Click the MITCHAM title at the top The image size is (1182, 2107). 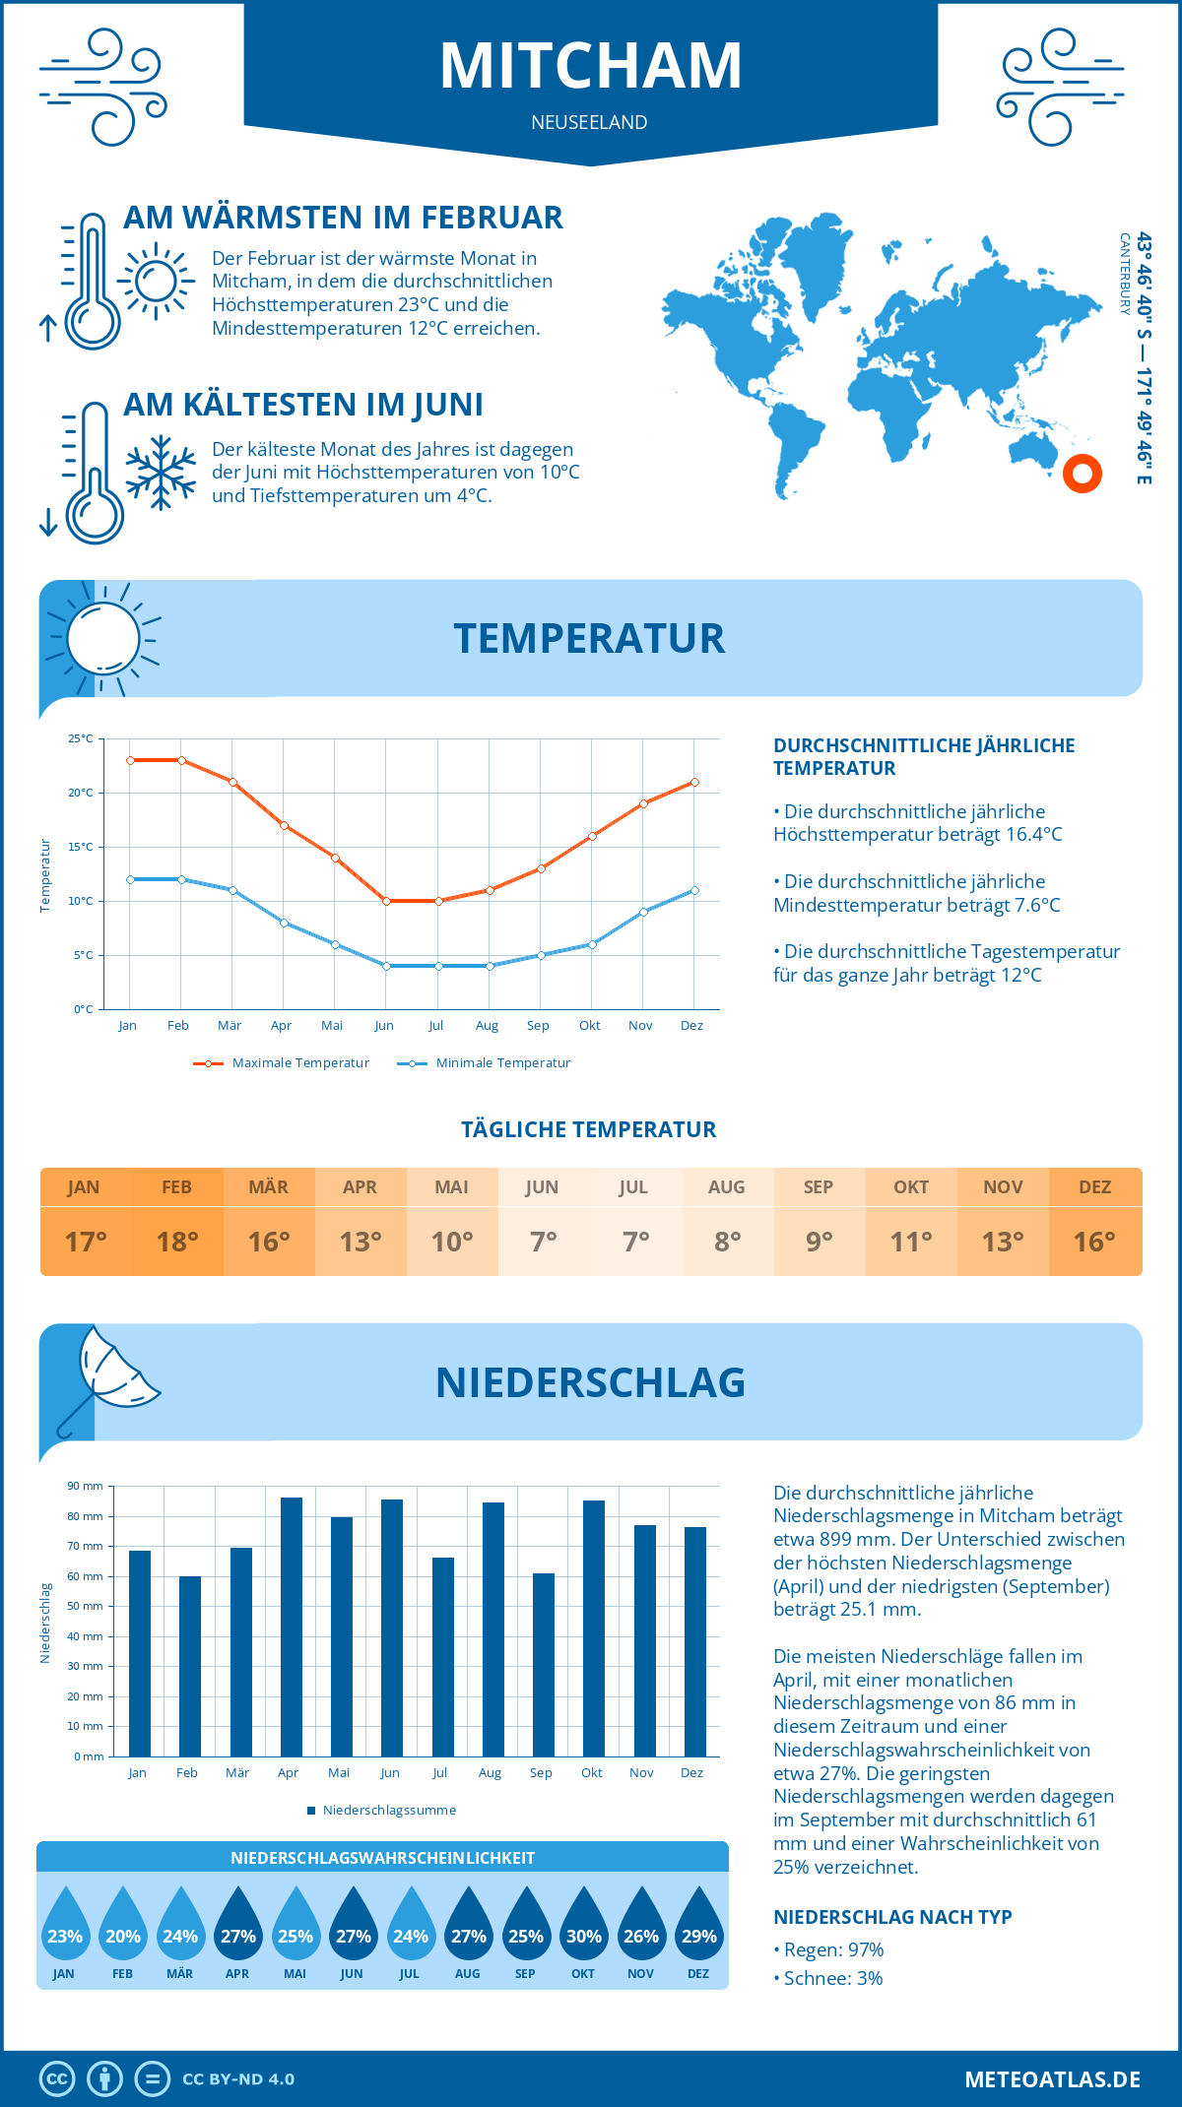tap(590, 66)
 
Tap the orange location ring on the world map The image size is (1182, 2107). tap(1082, 474)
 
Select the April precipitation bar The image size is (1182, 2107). tap(292, 1626)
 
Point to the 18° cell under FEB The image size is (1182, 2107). tap(177, 1242)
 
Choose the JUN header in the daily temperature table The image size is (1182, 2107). tap(542, 1186)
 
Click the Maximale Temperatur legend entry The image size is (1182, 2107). tap(282, 1063)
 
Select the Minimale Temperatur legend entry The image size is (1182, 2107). tap(485, 1063)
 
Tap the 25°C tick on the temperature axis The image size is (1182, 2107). tap(81, 738)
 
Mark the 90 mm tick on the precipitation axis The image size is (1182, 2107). tap(86, 1486)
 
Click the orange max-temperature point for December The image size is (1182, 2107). tap(694, 782)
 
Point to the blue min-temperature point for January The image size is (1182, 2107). tap(130, 879)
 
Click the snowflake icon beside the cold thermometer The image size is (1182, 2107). tap(161, 473)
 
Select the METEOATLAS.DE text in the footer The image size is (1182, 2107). tap(1052, 2078)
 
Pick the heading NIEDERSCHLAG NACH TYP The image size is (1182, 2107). tap(892, 1917)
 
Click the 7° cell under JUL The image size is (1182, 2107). tap(635, 1242)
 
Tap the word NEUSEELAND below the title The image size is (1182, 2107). tap(589, 122)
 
